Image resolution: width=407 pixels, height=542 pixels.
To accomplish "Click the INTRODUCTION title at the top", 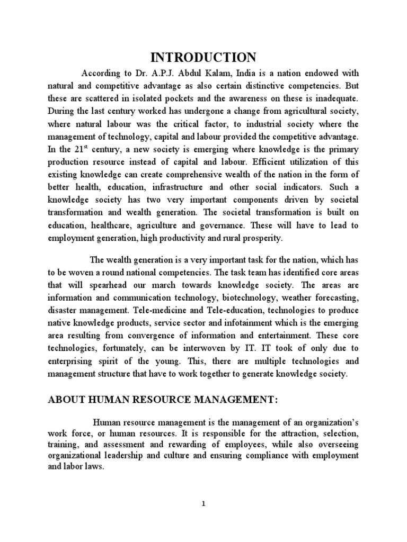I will pyautogui.click(x=203, y=57).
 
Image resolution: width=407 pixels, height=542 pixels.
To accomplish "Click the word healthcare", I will pyautogui.click(x=105, y=225).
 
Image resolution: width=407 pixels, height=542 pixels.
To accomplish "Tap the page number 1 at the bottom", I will pyautogui.click(x=203, y=504).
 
